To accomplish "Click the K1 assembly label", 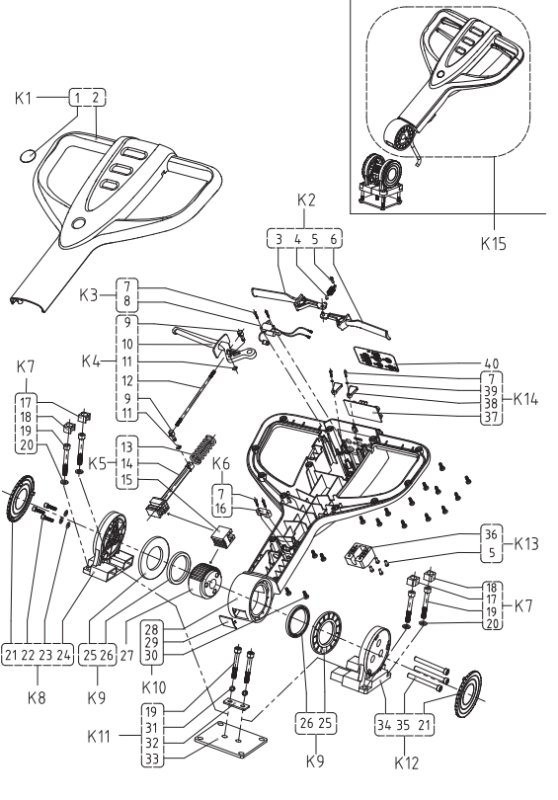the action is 23,98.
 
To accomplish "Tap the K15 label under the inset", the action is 494,243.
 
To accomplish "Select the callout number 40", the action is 491,363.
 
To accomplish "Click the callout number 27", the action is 126,655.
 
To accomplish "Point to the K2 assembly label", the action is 306,200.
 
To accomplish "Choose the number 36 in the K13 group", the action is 491,534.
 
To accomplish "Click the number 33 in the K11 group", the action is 151,759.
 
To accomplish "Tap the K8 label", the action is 37,697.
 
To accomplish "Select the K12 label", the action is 406,762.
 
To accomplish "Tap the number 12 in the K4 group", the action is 127,380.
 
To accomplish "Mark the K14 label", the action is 525,398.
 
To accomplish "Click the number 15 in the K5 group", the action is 127,479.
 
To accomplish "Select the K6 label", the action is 220,464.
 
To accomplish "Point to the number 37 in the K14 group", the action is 491,417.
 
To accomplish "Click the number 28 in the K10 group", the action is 151,628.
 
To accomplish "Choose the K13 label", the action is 525,543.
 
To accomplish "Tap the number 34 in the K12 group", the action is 384,725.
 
